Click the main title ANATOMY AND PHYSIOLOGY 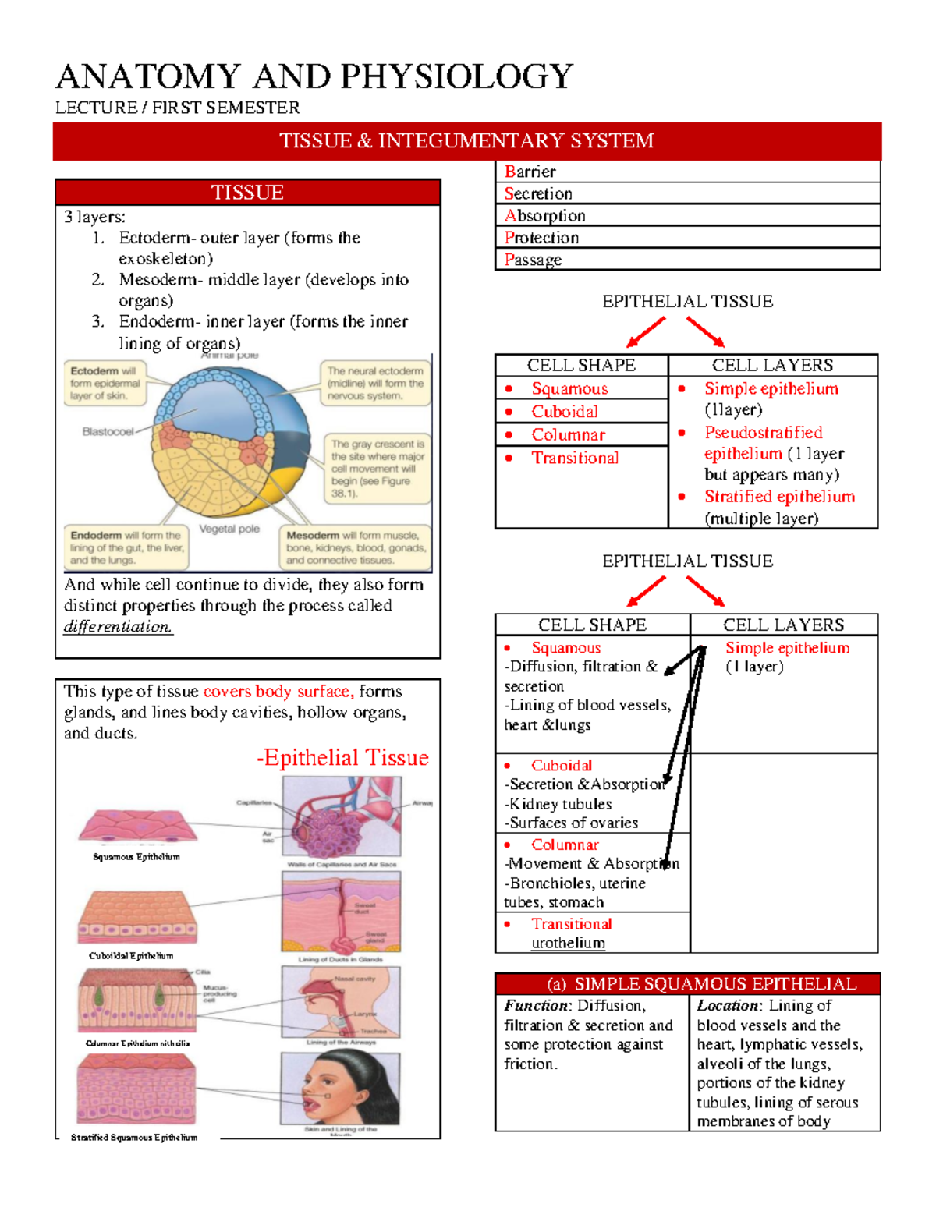(314, 76)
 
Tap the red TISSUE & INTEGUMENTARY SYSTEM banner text (466, 141)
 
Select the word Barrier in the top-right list (530, 172)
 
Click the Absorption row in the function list (545, 216)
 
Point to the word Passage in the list (533, 260)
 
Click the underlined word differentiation (118, 627)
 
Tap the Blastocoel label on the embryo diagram (108, 431)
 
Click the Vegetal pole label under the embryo (229, 529)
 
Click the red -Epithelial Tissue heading (342, 758)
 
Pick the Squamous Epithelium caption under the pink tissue (136, 857)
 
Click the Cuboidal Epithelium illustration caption (131, 956)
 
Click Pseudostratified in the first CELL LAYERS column (763, 433)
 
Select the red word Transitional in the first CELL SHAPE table (575, 459)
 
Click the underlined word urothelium (568, 944)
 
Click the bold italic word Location (728, 1006)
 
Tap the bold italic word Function (537, 1006)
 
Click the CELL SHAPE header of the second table (592, 625)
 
